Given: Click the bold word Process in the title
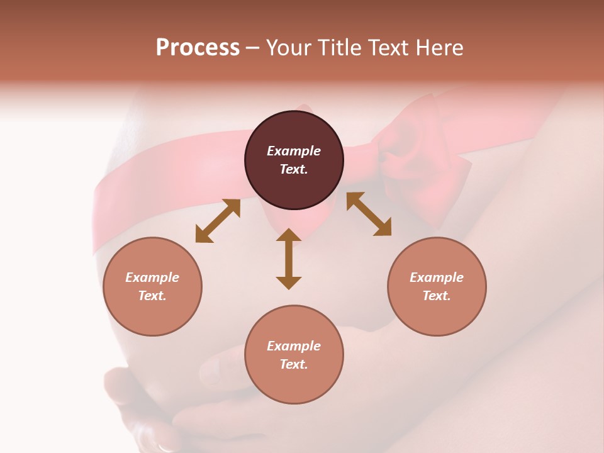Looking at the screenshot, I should (198, 48).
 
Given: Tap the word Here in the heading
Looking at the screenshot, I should (440, 48).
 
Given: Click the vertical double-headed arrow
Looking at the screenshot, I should (289, 259).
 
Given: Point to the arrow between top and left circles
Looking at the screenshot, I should (218, 221).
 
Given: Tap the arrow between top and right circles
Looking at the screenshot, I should (369, 214).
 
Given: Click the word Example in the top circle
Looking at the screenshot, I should (294, 151).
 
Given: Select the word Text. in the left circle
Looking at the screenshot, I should (152, 296).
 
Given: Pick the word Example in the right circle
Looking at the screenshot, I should (437, 277).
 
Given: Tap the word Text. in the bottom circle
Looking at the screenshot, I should (294, 364).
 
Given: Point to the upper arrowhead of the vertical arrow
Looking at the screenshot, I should (289, 235).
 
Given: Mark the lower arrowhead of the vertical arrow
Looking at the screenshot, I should (289, 282).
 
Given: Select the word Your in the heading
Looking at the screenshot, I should (287, 48).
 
